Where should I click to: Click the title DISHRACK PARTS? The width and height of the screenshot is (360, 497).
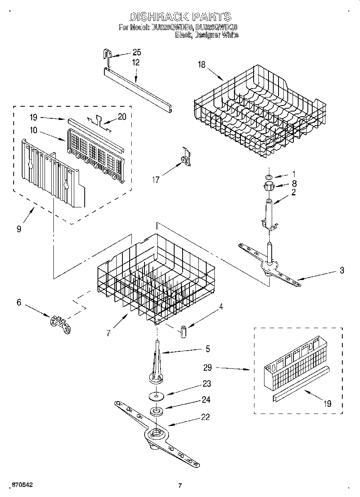pyautogui.click(x=180, y=16)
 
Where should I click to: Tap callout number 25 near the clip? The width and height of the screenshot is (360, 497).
pyautogui.click(x=137, y=53)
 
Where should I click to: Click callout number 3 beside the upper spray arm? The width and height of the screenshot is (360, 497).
pyautogui.click(x=342, y=270)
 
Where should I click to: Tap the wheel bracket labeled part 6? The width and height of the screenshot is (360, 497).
pyautogui.click(x=60, y=323)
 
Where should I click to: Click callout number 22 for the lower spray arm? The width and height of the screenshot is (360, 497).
pyautogui.click(x=205, y=417)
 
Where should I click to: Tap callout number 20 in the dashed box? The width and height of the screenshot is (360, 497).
pyautogui.click(x=122, y=117)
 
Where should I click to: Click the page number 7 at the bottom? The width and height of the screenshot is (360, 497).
pyautogui.click(x=180, y=486)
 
